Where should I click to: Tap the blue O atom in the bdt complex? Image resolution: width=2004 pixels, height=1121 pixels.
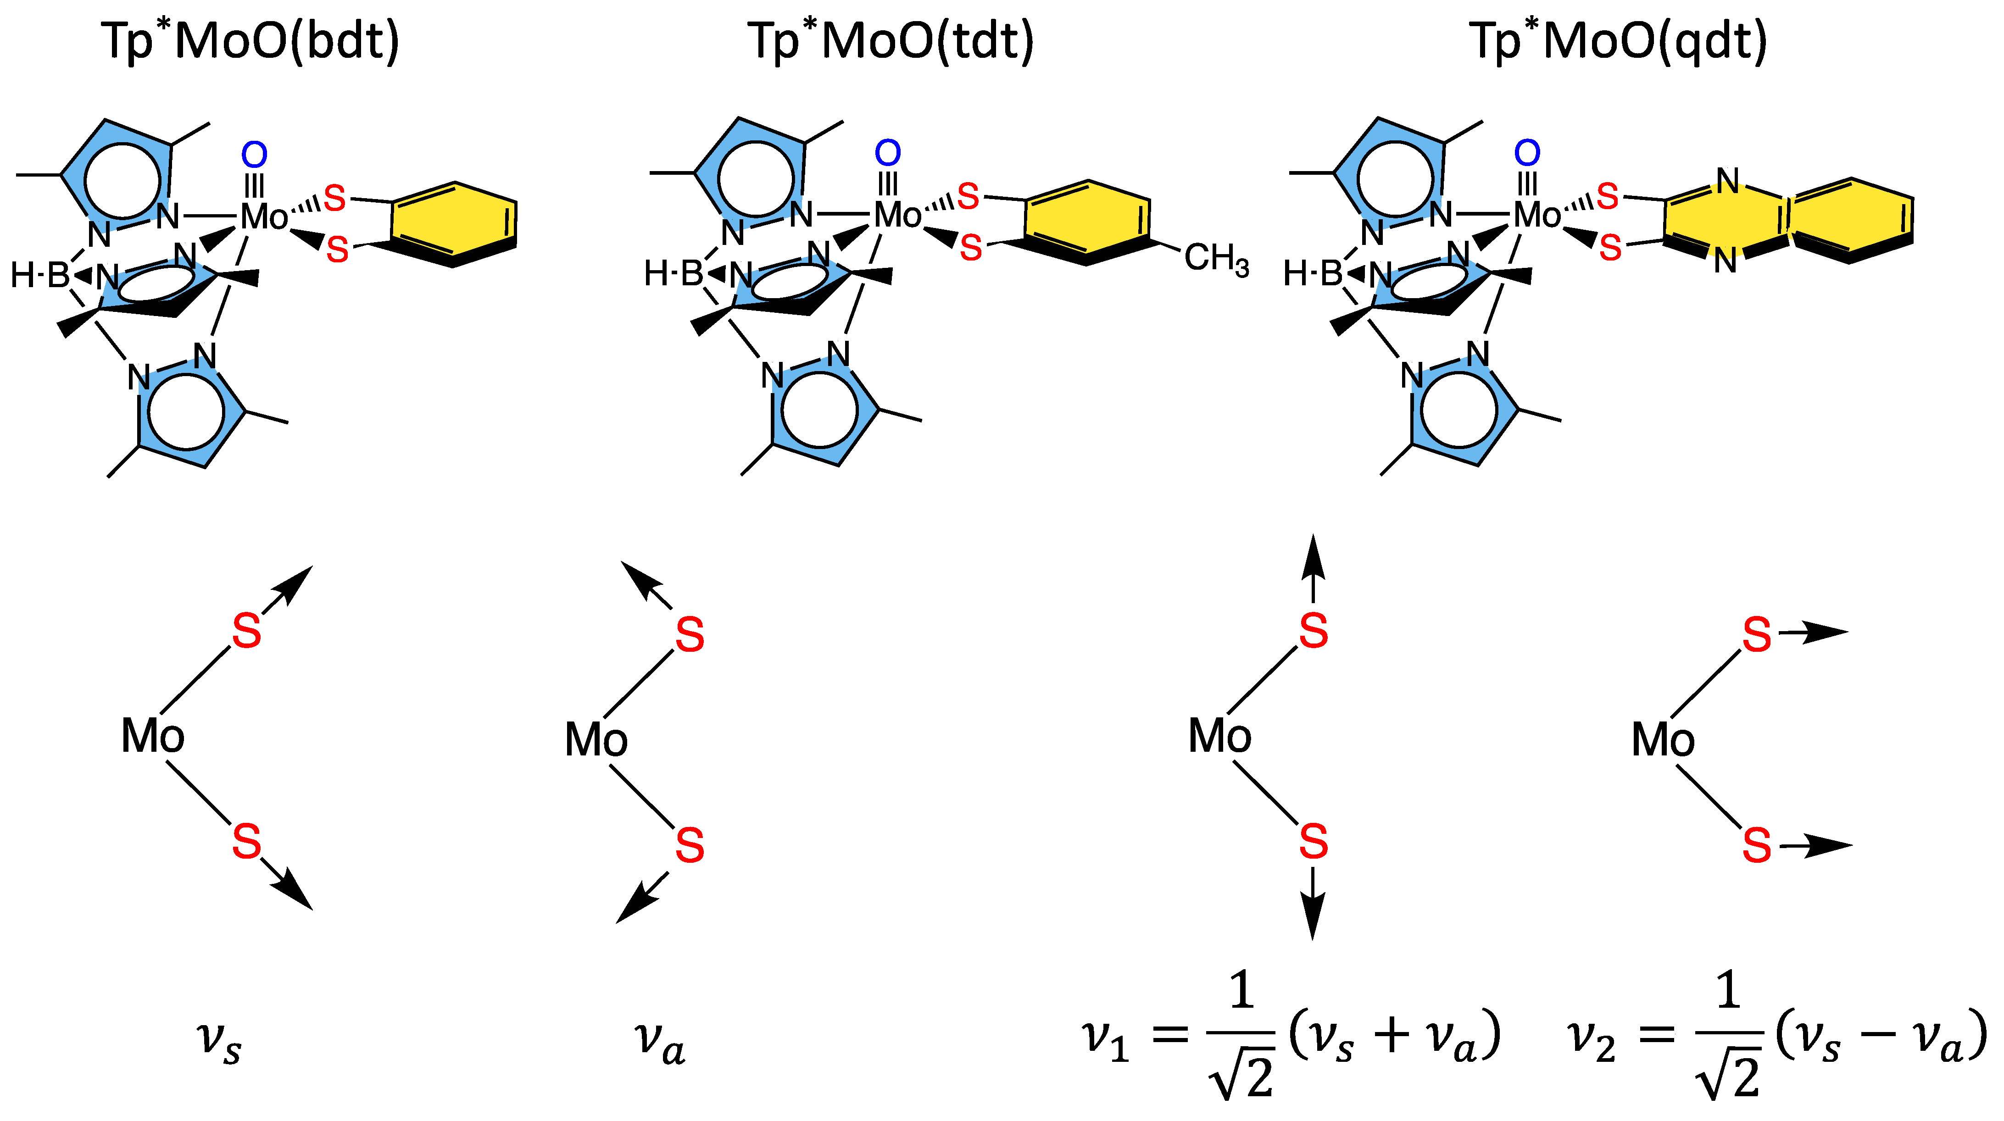tap(254, 155)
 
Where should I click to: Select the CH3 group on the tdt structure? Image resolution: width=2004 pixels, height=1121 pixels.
tap(1216, 258)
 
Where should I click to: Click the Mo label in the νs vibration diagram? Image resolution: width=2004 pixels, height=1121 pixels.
tap(152, 736)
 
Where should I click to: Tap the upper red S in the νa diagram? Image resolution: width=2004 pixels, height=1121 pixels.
tap(689, 635)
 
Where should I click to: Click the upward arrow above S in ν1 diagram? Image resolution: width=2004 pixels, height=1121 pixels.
tap(1313, 568)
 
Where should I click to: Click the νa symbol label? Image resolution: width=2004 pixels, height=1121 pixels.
tap(660, 1043)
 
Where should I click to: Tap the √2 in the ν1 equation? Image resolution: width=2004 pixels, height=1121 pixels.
tap(1242, 1077)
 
